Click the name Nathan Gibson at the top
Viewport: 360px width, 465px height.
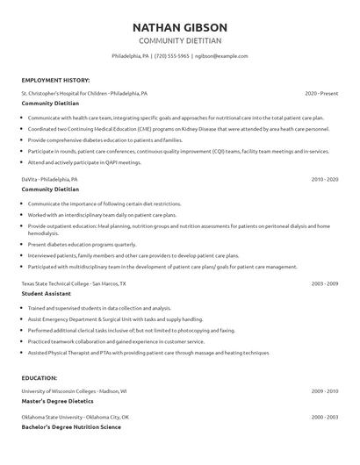click(180, 26)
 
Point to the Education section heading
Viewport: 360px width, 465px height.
click(41, 378)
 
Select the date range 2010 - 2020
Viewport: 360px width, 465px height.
click(324, 178)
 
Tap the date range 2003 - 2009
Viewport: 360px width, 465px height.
click(324, 284)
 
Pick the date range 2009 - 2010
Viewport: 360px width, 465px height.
click(324, 390)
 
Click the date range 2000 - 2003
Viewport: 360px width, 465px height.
click(324, 418)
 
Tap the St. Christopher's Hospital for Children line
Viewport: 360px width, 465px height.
click(84, 92)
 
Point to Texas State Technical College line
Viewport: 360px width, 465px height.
click(74, 284)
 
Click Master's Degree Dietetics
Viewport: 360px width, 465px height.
click(57, 400)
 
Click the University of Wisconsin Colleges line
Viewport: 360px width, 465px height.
click(74, 390)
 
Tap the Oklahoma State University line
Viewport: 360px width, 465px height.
click(75, 418)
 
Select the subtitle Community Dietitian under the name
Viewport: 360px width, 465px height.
click(180, 40)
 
